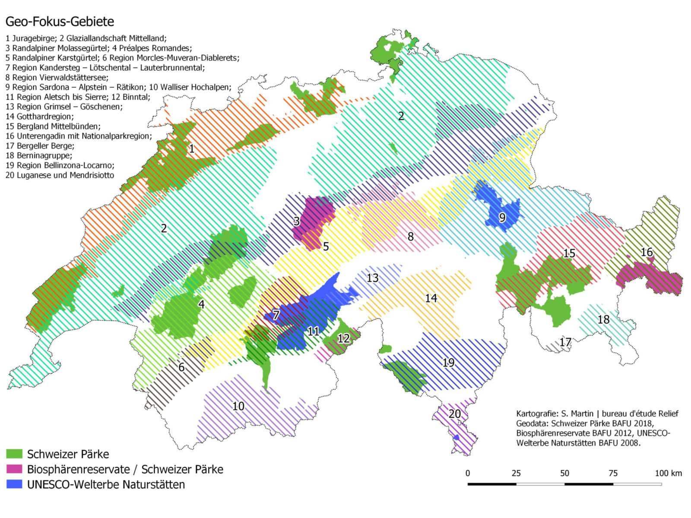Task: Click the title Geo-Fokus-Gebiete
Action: [60, 22]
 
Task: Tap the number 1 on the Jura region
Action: [192, 149]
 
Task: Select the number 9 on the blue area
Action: [502, 217]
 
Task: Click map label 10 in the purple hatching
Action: [238, 406]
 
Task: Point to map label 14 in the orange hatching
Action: [431, 298]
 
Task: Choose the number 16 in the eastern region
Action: [647, 252]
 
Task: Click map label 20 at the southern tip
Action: [455, 414]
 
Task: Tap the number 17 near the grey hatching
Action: [565, 342]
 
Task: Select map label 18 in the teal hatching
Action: [603, 319]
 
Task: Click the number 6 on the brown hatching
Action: [181, 367]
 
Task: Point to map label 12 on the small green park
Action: [343, 338]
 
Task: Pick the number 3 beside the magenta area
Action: [297, 221]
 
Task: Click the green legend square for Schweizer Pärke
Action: [14, 454]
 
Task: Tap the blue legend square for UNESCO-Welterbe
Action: [14, 484]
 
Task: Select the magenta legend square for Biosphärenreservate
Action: [14, 469]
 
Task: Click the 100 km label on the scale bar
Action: [668, 473]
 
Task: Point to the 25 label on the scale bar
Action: [516, 473]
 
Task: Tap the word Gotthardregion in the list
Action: [45, 117]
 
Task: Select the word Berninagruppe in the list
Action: [44, 155]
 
